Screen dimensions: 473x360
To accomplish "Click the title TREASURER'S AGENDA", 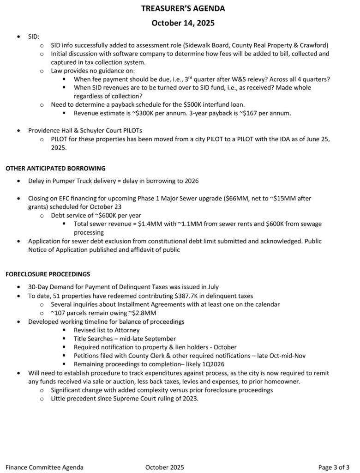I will (180, 8).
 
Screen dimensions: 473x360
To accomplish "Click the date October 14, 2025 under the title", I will (180, 23).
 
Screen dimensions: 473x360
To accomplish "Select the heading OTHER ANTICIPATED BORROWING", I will (55, 168).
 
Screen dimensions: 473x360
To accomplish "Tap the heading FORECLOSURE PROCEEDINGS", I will (48, 274).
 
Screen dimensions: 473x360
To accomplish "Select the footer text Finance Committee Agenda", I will (45, 467).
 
